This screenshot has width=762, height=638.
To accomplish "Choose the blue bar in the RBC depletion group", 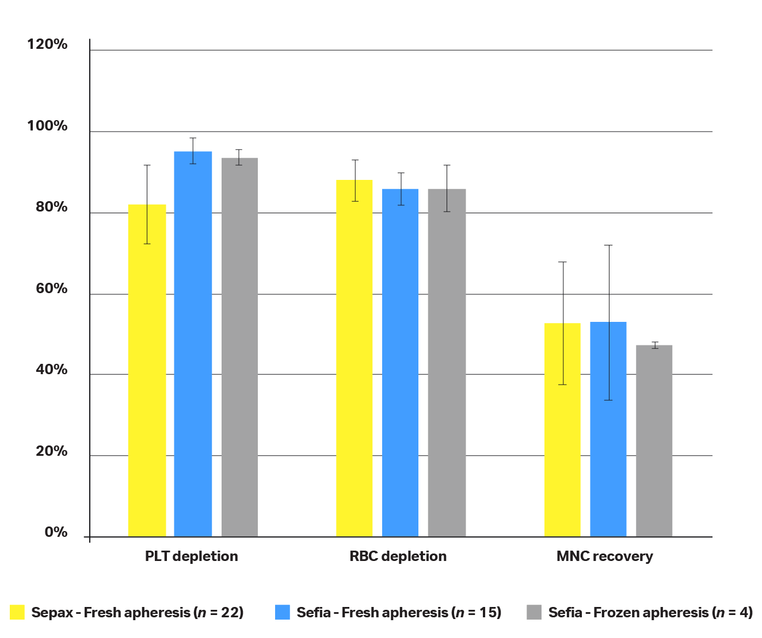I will pos(400,363).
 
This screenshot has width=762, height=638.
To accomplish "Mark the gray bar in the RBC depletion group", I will pos(447,363).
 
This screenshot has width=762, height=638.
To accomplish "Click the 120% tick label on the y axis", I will pos(47,44).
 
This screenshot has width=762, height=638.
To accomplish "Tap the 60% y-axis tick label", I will pos(51,289).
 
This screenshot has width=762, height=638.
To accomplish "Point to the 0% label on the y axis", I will pos(56,533).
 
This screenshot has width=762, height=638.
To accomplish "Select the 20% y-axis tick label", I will pos(51,451).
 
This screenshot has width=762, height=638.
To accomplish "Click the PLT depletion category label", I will pos(191,556).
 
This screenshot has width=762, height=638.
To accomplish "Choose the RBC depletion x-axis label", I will pos(398,556).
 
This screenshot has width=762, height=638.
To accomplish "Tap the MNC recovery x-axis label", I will pos(604,556).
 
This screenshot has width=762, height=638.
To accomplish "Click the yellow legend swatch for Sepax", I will pos(17,612).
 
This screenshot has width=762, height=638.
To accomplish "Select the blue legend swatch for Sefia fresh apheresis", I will pos(282,612).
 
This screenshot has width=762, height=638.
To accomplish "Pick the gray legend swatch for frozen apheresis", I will pos(534,612).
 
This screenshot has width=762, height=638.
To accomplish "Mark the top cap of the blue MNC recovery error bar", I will pos(608,245).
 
